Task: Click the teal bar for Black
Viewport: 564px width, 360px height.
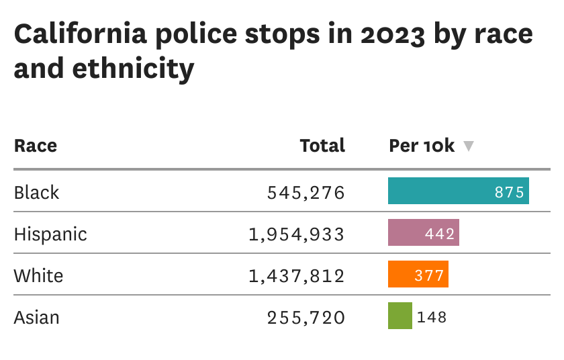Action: [x=443, y=191]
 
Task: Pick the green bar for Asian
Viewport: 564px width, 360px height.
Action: [x=399, y=316]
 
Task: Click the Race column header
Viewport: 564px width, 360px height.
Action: [x=36, y=146]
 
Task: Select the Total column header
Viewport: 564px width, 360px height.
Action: [x=322, y=146]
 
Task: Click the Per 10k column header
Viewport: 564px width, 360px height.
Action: [x=422, y=146]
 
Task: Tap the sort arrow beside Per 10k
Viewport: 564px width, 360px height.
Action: [x=469, y=146]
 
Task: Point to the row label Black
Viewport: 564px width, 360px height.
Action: [x=37, y=193]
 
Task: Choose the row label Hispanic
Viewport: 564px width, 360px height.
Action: [x=50, y=234]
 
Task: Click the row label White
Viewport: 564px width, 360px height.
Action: [x=38, y=276]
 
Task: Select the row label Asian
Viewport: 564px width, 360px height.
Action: [x=37, y=318]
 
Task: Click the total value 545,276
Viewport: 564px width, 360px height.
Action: [x=305, y=193]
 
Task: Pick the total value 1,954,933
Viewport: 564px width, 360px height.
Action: [x=296, y=234]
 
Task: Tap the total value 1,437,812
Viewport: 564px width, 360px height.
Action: [x=296, y=276]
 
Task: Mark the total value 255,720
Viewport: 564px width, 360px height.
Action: [x=305, y=318]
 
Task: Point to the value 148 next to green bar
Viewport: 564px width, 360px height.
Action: [x=432, y=317]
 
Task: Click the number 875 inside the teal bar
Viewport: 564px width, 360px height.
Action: [x=509, y=192]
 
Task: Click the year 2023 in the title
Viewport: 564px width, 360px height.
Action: [x=391, y=34]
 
